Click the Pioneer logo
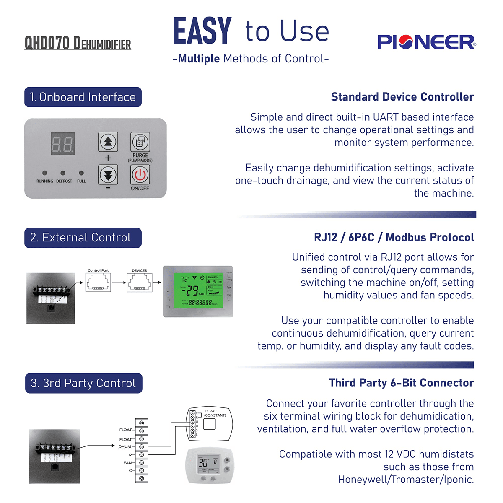[426, 42]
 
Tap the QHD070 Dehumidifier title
[78, 43]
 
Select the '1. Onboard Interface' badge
[83, 97]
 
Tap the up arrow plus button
[108, 142]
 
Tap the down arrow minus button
[108, 175]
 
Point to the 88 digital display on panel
[62, 144]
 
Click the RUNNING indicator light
[44, 173]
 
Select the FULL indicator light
[81, 173]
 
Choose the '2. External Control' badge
[83, 238]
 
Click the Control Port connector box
[98, 283]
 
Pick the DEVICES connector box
[140, 283]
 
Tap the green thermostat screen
[198, 290]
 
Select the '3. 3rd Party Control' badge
[83, 383]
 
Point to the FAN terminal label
[127, 463]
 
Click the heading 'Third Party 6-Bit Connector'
[401, 383]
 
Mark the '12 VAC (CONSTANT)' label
[215, 413]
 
